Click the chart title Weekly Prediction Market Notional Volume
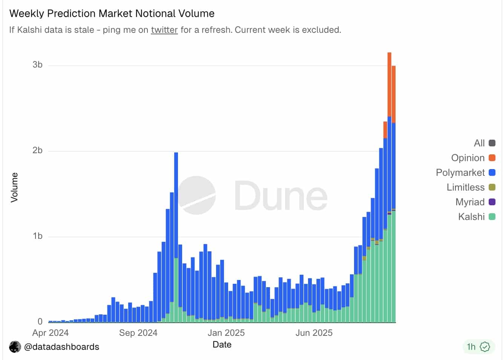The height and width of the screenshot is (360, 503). point(112,14)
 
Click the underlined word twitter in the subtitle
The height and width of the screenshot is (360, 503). point(164,30)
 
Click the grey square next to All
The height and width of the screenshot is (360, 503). point(492,143)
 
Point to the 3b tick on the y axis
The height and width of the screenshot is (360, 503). point(37,65)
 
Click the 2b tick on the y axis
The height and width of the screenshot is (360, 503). point(37,150)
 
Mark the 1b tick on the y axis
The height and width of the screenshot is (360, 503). point(37,236)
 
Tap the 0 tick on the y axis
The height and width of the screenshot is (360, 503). point(40,322)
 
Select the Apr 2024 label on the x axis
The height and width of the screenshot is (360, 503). point(51,333)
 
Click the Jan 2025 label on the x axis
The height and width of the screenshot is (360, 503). point(226,333)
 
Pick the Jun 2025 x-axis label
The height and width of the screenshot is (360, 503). point(314,333)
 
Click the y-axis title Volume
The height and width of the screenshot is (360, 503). point(14,187)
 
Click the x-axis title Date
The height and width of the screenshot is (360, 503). point(222,345)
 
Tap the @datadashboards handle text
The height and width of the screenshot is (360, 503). point(61,347)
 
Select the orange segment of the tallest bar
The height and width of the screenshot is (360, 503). point(390,85)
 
